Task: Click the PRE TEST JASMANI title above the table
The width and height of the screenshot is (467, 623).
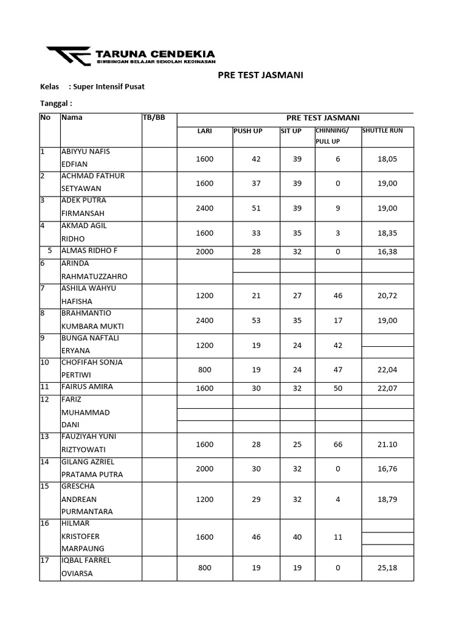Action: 260,75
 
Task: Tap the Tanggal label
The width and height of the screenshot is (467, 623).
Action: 56,103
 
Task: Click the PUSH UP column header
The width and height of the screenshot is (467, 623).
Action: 247,131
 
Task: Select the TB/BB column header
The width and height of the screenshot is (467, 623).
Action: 154,118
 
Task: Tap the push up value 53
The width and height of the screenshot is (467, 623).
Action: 256,321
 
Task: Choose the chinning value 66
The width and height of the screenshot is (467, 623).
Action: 338,445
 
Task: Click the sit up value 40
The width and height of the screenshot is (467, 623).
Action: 297,537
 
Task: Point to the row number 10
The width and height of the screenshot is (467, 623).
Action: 46,363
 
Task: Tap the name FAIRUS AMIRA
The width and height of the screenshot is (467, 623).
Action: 87,387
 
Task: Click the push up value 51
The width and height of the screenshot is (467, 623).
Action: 256,208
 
